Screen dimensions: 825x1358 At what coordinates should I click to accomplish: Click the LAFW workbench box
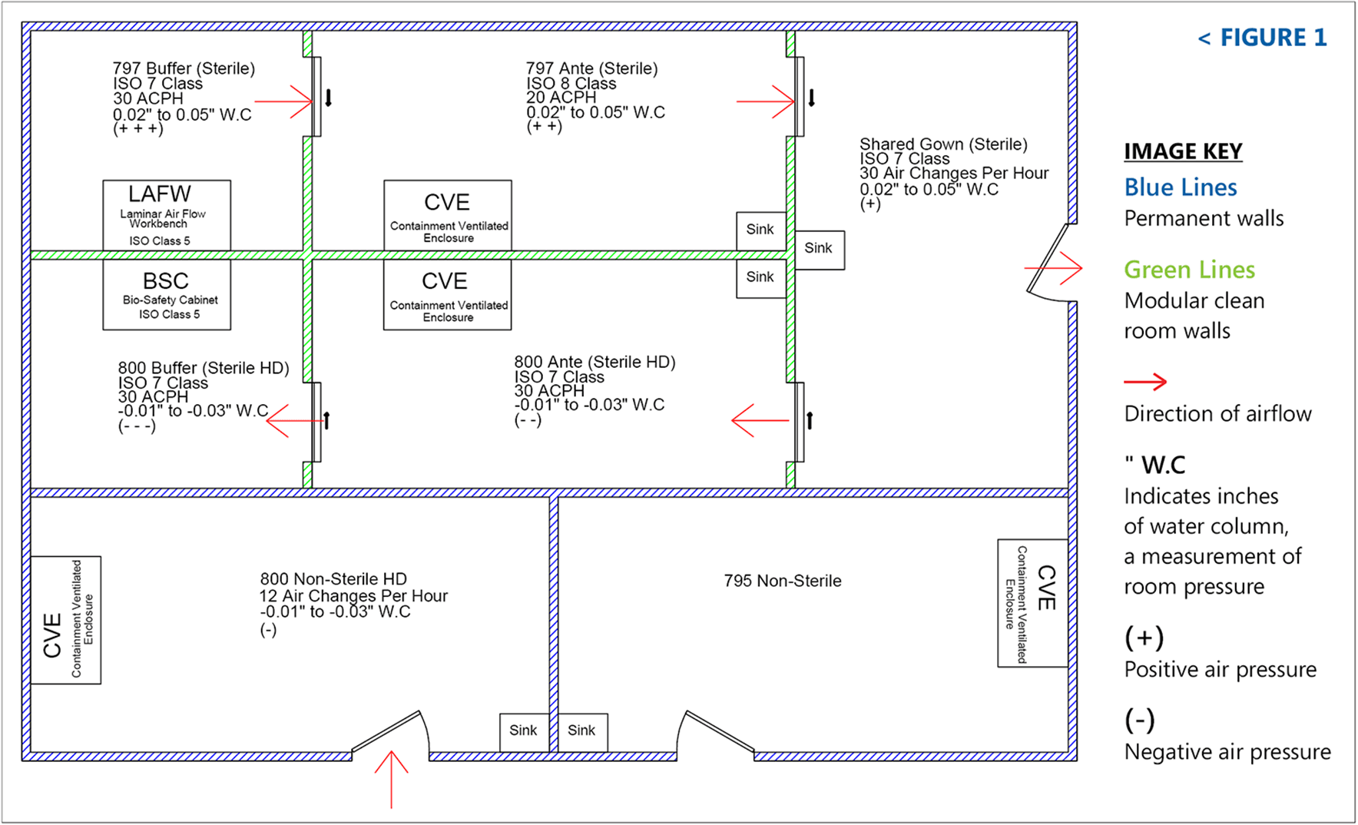[x=167, y=215]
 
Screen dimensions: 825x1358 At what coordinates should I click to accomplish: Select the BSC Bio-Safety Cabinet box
[x=167, y=295]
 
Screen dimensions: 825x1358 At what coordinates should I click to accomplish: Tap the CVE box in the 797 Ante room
[x=448, y=215]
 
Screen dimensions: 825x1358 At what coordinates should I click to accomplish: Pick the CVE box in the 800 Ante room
[x=447, y=295]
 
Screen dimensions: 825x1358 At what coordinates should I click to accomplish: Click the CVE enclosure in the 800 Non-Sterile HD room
[x=66, y=620]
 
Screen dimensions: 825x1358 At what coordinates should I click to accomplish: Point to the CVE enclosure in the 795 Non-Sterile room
[x=1032, y=603]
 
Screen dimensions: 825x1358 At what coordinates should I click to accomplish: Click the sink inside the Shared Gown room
[x=819, y=250]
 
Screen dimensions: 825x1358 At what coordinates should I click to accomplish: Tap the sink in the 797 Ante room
[x=760, y=230]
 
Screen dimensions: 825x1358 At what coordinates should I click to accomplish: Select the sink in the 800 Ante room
[x=760, y=278]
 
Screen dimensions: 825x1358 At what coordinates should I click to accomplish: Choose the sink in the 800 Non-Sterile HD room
[x=523, y=731]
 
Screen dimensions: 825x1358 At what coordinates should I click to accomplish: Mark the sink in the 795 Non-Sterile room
[x=581, y=731]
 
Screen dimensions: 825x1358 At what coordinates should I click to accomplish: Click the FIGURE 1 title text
[x=1262, y=38]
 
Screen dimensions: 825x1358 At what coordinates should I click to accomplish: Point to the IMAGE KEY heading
[x=1183, y=151]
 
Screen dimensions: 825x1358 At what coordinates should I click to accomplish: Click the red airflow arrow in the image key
[x=1145, y=382]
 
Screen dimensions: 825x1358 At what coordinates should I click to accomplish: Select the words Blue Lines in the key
[x=1181, y=187]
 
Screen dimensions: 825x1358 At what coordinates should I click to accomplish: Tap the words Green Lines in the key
[x=1189, y=270]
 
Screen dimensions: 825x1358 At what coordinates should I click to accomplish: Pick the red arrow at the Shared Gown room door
[x=1054, y=268]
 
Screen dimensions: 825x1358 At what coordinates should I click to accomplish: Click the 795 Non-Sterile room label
[x=782, y=581]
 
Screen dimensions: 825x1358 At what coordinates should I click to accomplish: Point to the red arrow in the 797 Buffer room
[x=283, y=101]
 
